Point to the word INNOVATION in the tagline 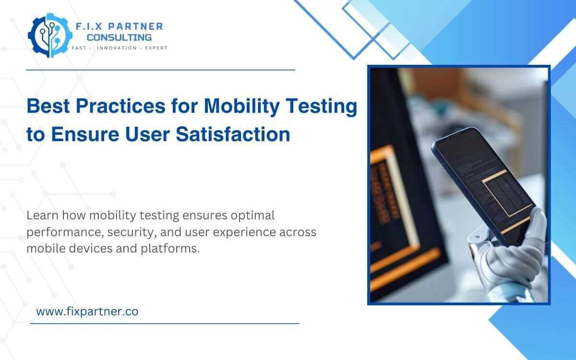pos(117,48)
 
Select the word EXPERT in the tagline pos(155,48)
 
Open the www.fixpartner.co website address pos(87,311)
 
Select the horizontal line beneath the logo pos(160,70)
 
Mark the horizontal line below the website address pos(165,324)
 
